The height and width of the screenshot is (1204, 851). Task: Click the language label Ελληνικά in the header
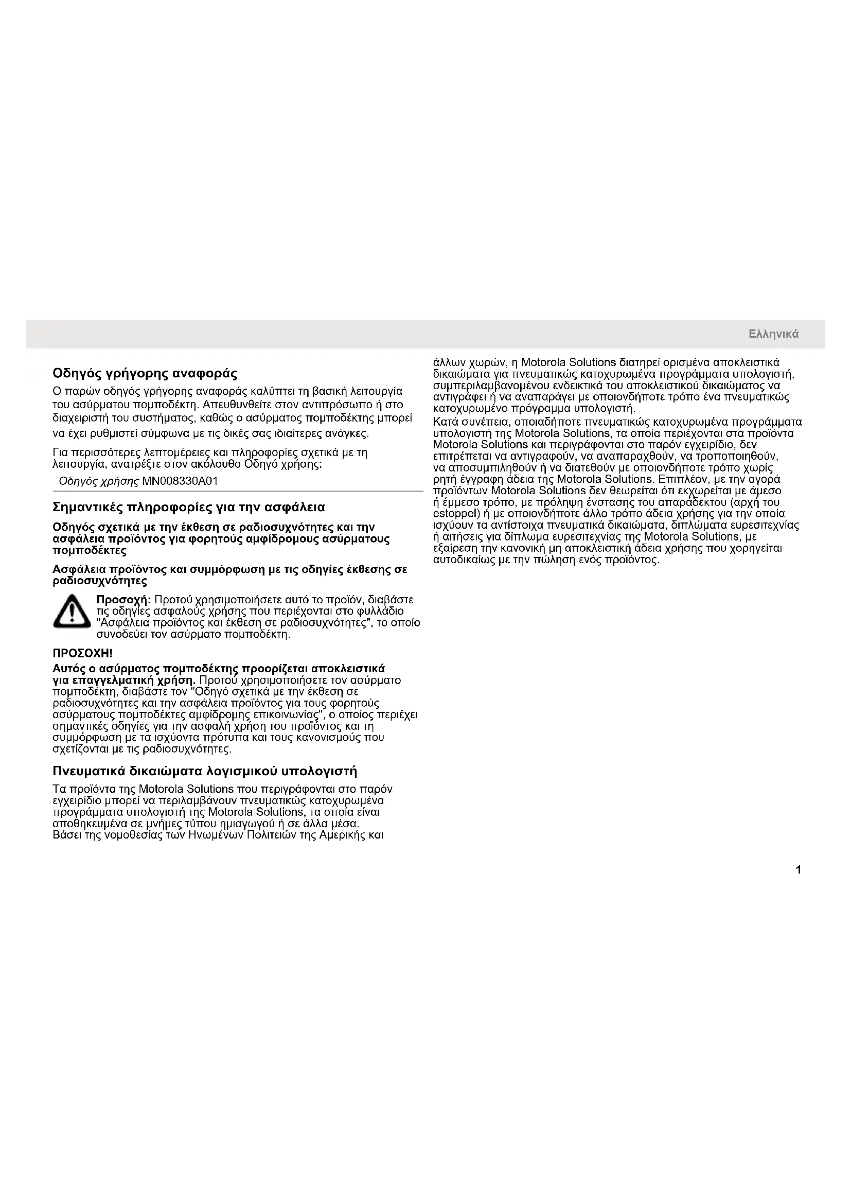pyautogui.click(x=773, y=334)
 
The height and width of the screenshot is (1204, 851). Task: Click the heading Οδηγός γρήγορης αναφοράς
pyautogui.click(x=145, y=374)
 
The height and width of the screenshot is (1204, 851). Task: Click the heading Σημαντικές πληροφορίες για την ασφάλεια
pyautogui.click(x=189, y=507)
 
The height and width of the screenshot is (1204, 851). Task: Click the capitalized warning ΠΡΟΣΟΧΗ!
pyautogui.click(x=83, y=653)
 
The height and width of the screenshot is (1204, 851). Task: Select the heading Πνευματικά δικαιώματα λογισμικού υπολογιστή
pyautogui.click(x=205, y=771)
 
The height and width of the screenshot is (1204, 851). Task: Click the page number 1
pyautogui.click(x=798, y=870)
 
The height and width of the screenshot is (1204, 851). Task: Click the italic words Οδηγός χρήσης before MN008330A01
pyautogui.click(x=99, y=481)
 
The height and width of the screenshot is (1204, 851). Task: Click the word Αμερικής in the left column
pyautogui.click(x=340, y=835)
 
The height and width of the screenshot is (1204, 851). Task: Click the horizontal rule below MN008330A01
pyautogui.click(x=238, y=492)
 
